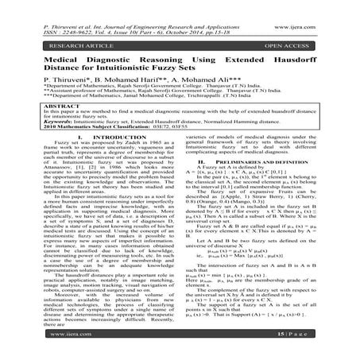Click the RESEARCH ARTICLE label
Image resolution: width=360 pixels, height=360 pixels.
pyautogui.click(x=48, y=35)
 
